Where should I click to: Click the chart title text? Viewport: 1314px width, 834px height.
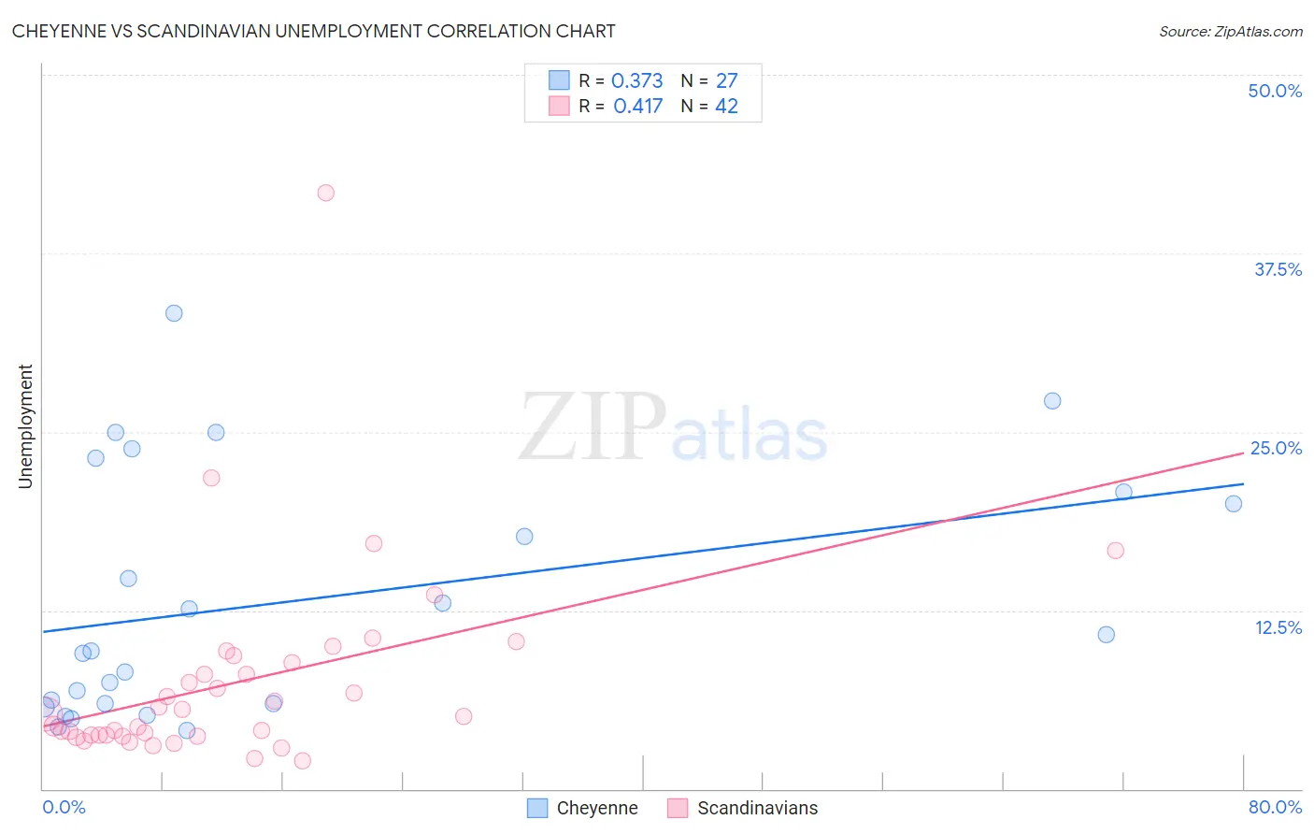(313, 31)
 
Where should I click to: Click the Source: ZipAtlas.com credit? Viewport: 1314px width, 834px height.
(1230, 32)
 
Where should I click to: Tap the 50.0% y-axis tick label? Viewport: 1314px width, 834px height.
(1275, 91)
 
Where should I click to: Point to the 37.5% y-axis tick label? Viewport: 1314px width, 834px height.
(1278, 269)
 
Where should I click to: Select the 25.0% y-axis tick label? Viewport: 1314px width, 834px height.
(1276, 448)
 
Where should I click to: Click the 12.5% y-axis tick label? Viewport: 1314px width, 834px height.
(1278, 627)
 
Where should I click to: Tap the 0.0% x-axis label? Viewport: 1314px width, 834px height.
(64, 807)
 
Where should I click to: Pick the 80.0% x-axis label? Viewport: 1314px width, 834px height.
(1275, 807)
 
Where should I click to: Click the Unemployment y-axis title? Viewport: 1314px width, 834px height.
(25, 426)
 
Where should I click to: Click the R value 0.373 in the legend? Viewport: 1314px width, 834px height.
(636, 81)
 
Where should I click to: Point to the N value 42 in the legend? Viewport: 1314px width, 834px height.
(726, 107)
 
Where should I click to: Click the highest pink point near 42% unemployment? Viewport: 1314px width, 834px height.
(325, 193)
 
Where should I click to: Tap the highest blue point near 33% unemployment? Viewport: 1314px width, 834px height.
(174, 313)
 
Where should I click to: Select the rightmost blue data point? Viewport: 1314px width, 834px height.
(1234, 504)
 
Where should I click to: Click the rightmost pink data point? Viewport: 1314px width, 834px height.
(1115, 551)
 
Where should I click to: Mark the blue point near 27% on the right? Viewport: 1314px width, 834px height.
(1052, 401)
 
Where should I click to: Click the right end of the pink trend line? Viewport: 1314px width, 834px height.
(1243, 453)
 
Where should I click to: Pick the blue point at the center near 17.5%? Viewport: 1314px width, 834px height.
(524, 537)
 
